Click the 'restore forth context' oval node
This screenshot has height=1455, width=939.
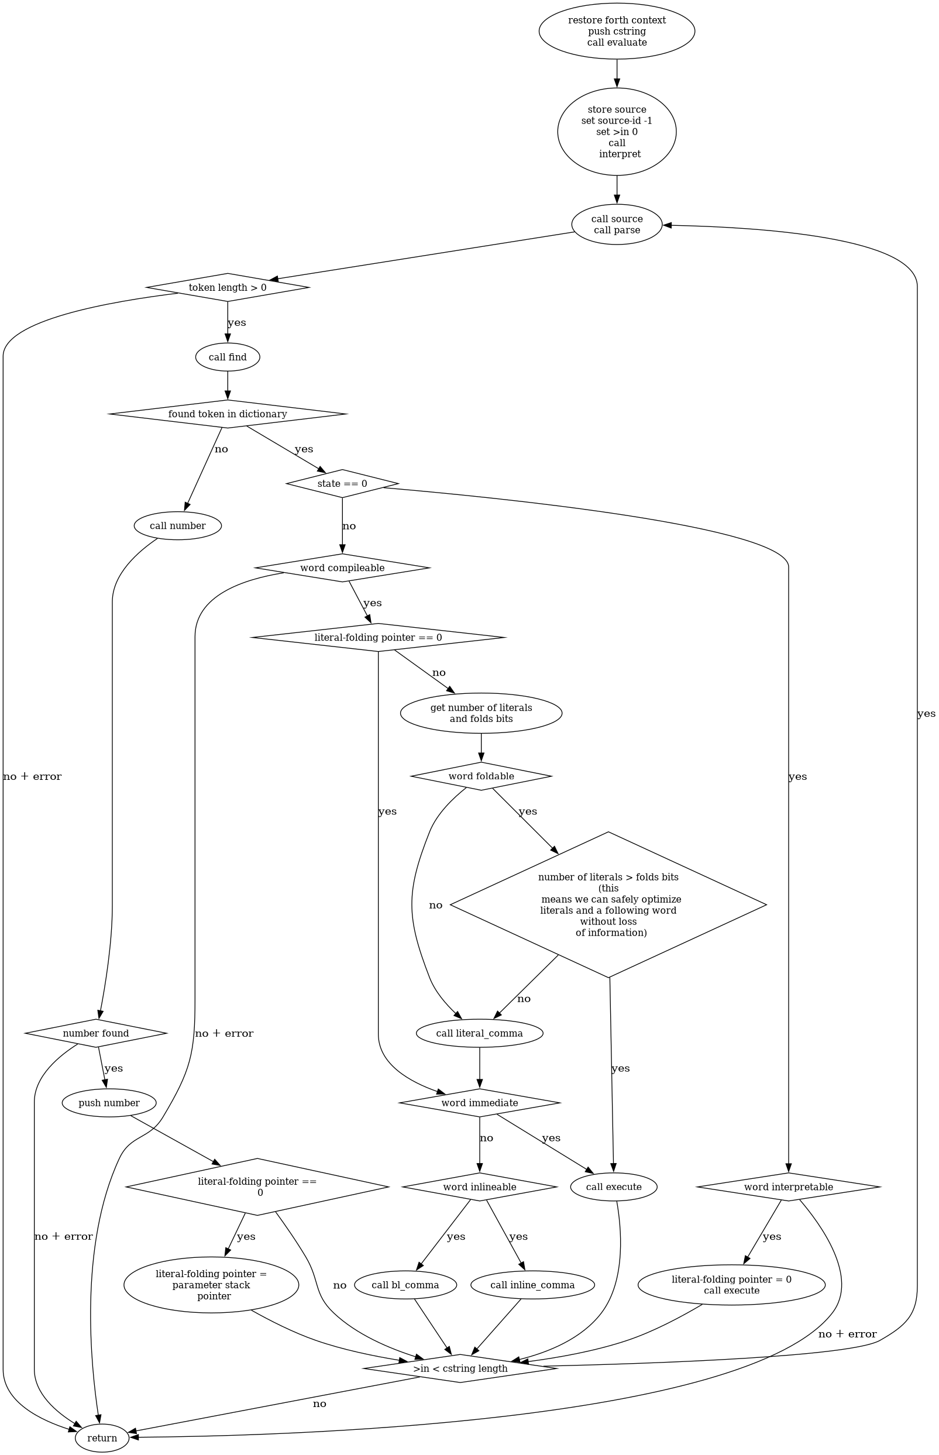[x=617, y=31]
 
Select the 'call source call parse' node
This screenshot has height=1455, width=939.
[x=617, y=224]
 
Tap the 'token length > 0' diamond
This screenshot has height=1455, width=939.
[x=228, y=287]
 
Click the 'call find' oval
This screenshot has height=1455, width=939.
[x=228, y=357]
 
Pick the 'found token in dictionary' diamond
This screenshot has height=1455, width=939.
[x=228, y=414]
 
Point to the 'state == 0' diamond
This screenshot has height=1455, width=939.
[x=342, y=483]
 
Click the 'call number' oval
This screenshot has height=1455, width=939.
[x=177, y=525]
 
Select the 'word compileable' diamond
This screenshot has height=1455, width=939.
[x=342, y=567]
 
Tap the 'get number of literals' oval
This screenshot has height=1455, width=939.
[x=481, y=713]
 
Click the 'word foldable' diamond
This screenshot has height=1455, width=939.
[x=481, y=776]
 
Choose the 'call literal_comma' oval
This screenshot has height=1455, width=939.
[x=479, y=1033]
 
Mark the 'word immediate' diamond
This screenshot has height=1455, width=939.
[x=479, y=1103]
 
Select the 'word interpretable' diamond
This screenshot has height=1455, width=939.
[x=788, y=1187]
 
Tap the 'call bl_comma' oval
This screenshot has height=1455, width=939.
[x=405, y=1285]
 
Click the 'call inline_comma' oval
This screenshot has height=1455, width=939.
[x=532, y=1285]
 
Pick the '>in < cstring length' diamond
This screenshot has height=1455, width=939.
[x=460, y=1368]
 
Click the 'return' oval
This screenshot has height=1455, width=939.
[x=102, y=1439]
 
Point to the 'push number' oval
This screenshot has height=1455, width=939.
[x=109, y=1103]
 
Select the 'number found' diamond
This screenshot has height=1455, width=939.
[x=96, y=1033]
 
